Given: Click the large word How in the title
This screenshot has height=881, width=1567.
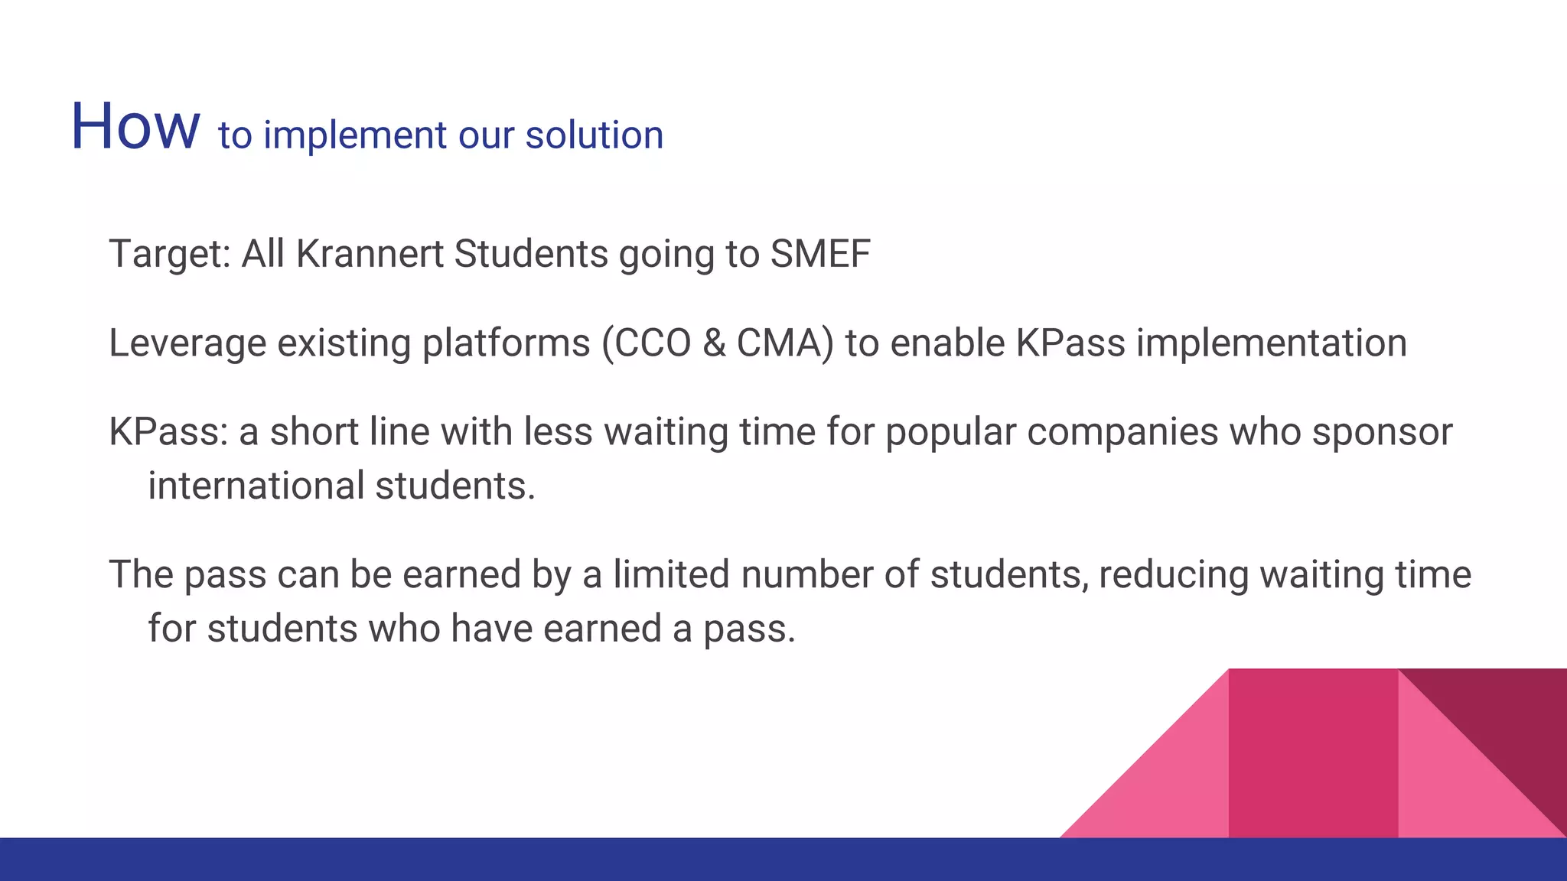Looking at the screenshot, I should (x=135, y=126).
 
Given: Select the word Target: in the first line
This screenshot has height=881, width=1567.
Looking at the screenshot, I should (x=169, y=255).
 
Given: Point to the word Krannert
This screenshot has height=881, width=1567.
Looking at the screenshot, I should (x=370, y=253).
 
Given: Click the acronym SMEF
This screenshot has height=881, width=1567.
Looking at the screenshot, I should (x=820, y=253).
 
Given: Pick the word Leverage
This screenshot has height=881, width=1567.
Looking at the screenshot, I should (x=187, y=343).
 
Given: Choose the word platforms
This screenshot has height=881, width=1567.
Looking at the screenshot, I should (x=506, y=343).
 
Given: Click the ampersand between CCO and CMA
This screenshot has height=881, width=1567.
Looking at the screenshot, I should (x=714, y=343).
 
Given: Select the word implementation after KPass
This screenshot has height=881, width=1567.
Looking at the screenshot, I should (x=1271, y=343).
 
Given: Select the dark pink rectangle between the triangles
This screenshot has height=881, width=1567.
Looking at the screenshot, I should (x=1313, y=753).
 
